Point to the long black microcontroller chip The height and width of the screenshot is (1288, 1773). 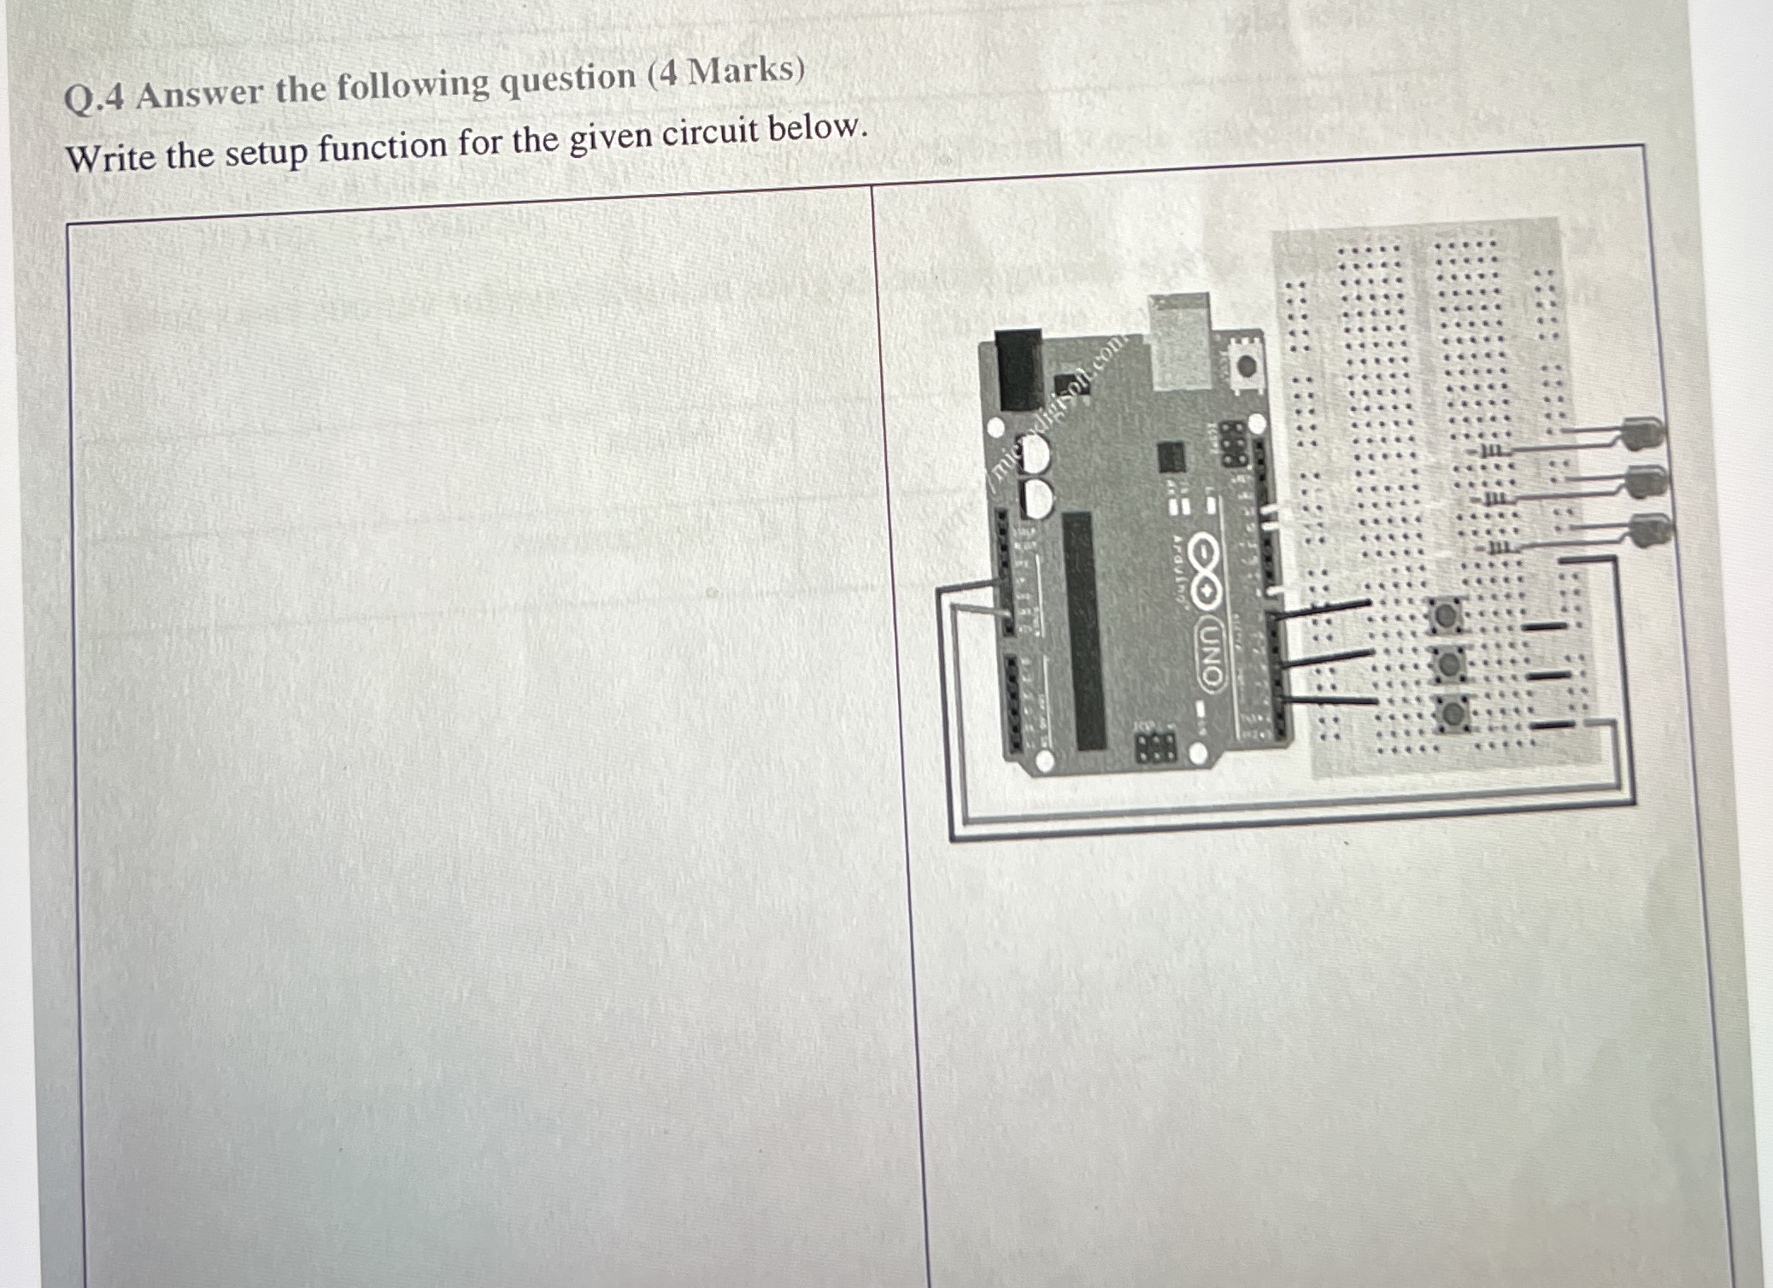click(1083, 632)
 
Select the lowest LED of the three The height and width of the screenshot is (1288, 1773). click(1649, 531)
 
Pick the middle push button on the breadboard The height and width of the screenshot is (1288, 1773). click(1449, 663)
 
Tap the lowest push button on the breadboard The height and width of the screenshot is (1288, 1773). click(1453, 711)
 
